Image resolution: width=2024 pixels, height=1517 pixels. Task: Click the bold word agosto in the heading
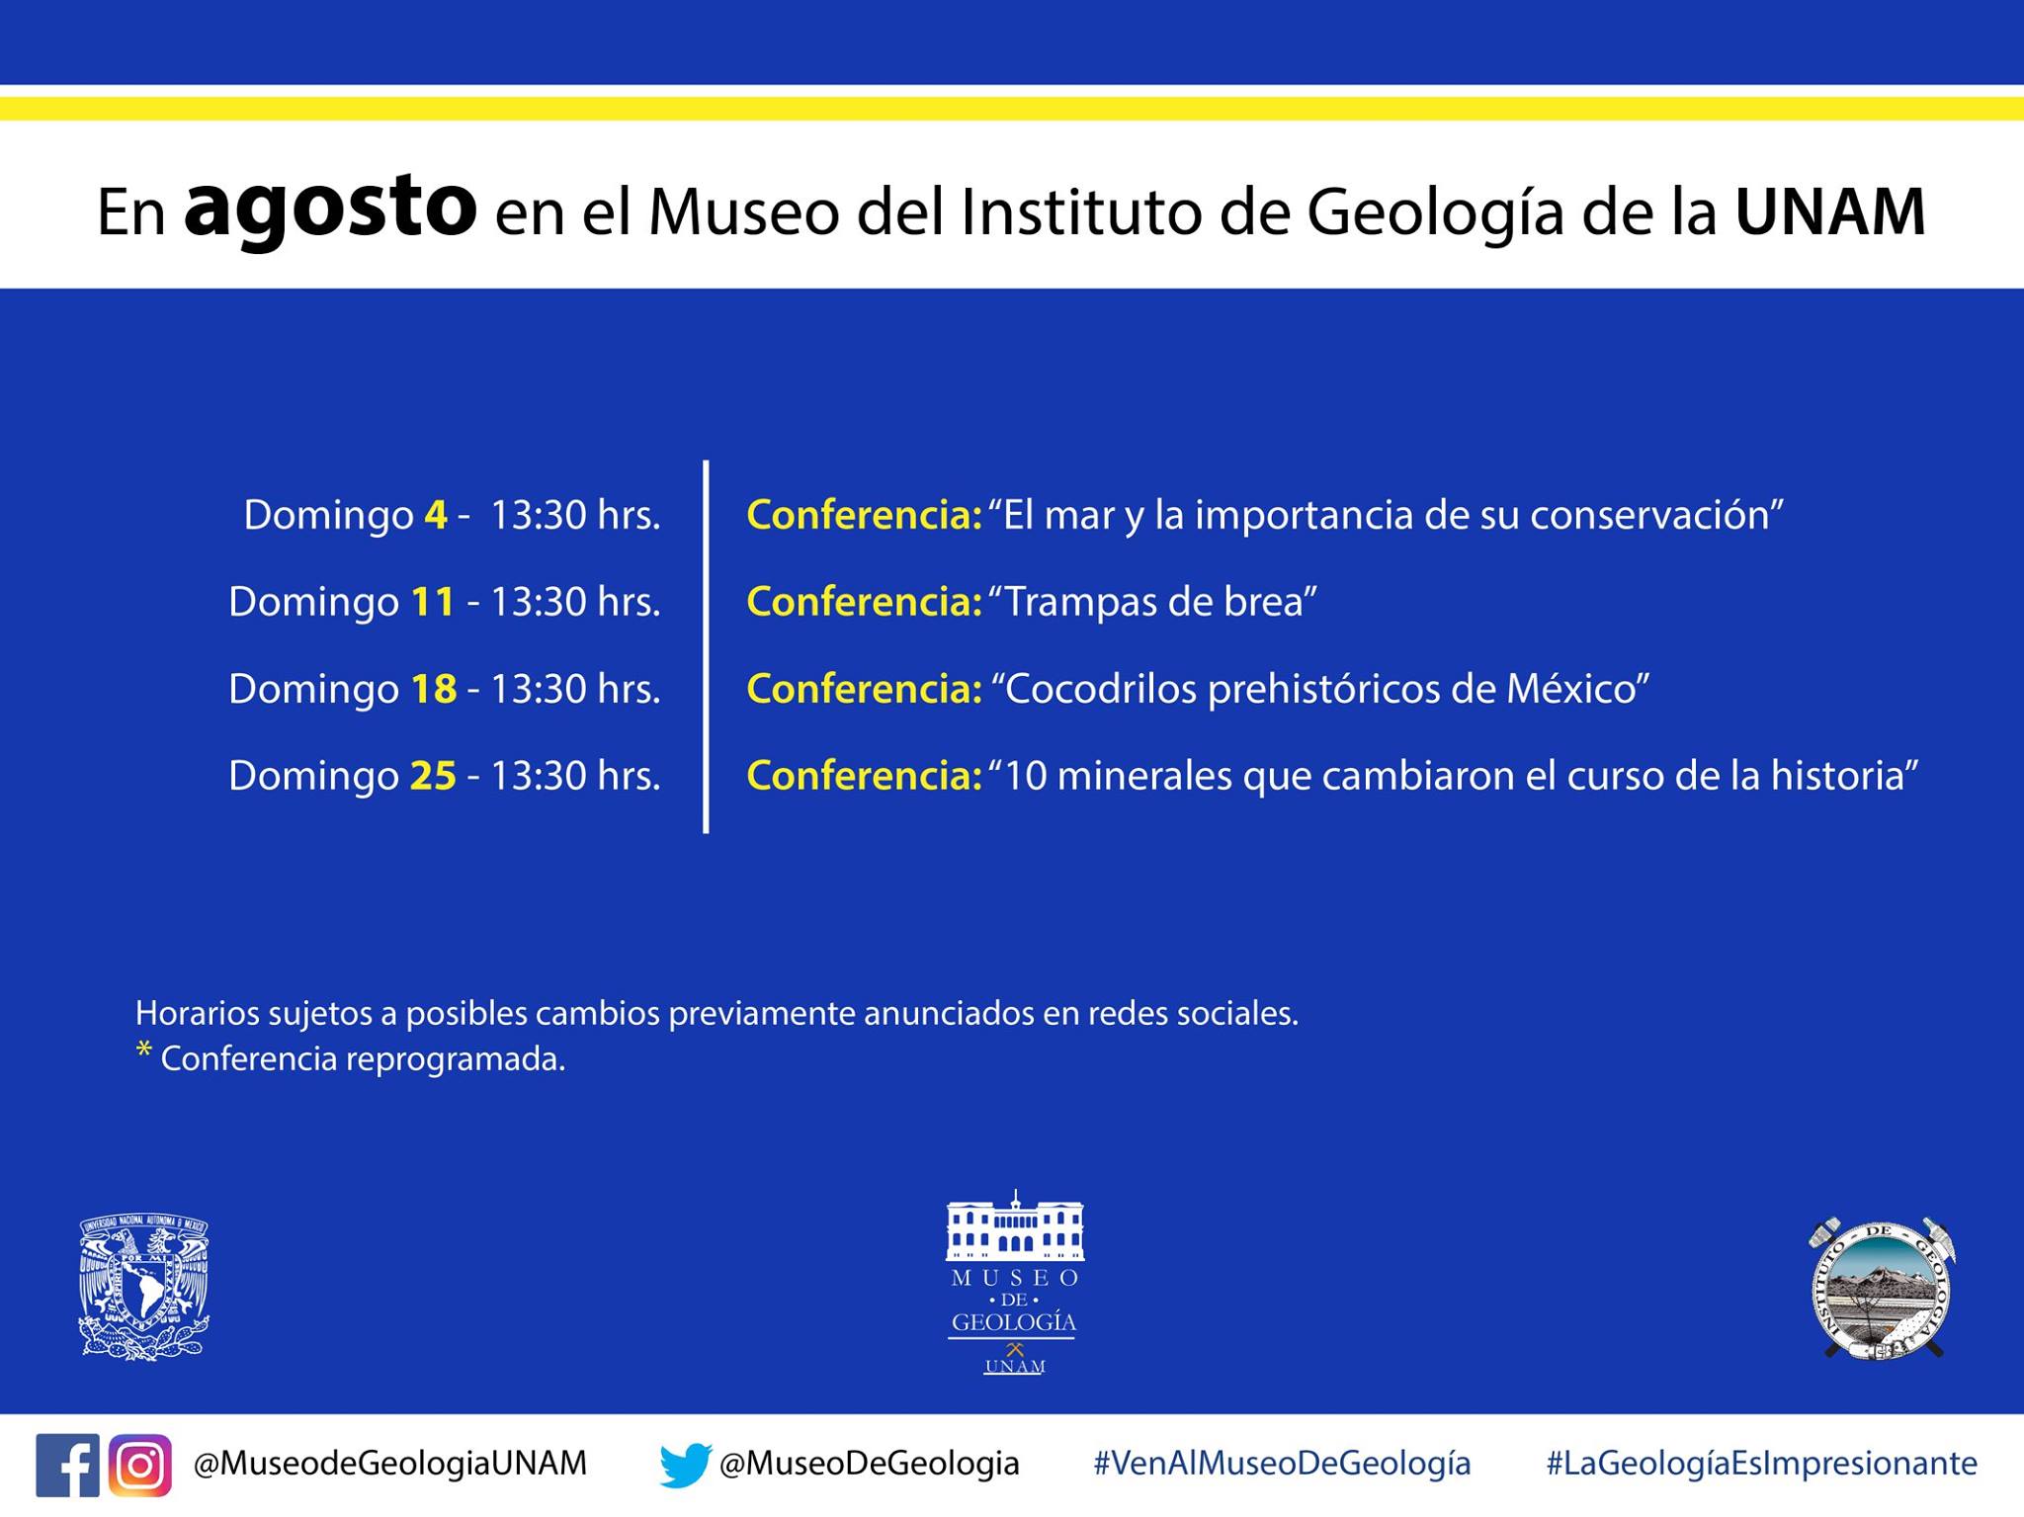[x=330, y=211]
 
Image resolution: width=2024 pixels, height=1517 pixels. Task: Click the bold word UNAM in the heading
[x=1830, y=211]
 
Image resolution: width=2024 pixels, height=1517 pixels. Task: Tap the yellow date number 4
[x=436, y=515]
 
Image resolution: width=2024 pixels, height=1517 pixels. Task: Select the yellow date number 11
[x=433, y=602]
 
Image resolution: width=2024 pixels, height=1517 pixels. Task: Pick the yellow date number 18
[x=433, y=689]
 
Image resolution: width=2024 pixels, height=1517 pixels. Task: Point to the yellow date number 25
[x=433, y=776]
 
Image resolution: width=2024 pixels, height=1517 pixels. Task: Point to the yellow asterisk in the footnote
[x=144, y=1050]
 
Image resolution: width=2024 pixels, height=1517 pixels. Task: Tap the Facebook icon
[x=67, y=1465]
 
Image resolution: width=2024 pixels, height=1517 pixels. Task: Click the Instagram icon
[x=140, y=1465]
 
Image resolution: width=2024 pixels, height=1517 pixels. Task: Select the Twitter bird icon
[x=686, y=1465]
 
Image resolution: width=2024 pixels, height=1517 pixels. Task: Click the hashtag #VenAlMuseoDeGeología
[x=1282, y=1464]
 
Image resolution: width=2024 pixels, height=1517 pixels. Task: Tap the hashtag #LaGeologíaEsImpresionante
[x=1762, y=1464]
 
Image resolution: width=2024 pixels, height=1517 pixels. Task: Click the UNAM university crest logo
[x=144, y=1288]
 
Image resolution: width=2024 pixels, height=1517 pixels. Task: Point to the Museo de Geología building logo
[x=1014, y=1282]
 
